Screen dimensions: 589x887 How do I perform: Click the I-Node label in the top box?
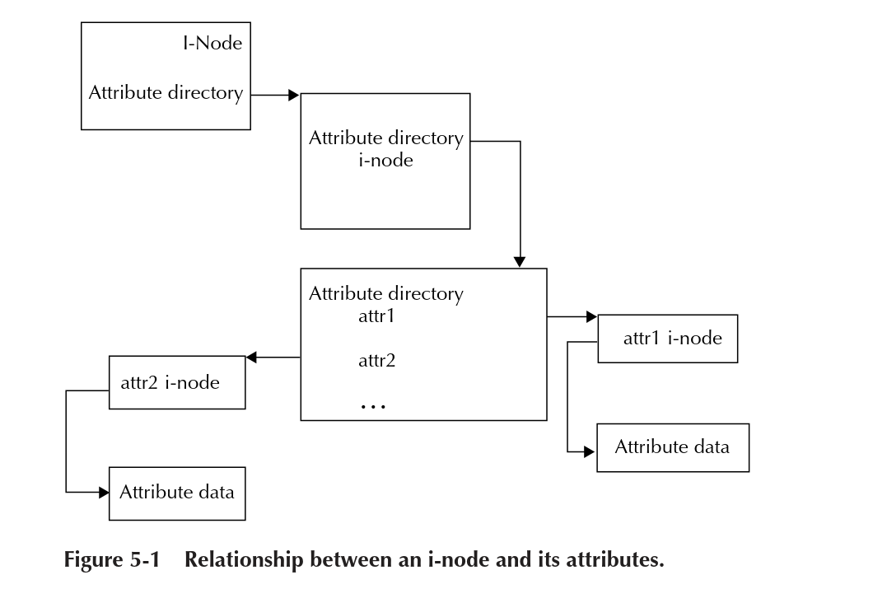212,43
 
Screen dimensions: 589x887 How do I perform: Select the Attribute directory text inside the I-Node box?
166,92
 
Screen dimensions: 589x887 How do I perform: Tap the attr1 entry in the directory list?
377,316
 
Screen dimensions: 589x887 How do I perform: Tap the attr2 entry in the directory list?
377,360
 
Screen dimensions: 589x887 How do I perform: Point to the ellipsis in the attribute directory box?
373,405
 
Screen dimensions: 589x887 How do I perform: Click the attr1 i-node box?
667,339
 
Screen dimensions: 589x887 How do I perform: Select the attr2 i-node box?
177,382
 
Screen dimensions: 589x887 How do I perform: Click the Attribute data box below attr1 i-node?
672,447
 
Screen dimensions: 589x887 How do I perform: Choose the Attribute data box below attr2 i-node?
177,493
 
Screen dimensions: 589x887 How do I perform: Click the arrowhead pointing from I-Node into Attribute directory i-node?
294,96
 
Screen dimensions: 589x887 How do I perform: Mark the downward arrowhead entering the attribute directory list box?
520,262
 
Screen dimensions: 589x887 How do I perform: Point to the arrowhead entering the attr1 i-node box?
591,316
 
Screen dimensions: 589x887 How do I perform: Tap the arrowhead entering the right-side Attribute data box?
590,452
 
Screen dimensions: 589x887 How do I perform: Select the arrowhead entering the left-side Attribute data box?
104,493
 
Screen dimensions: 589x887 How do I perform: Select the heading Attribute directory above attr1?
385,293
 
